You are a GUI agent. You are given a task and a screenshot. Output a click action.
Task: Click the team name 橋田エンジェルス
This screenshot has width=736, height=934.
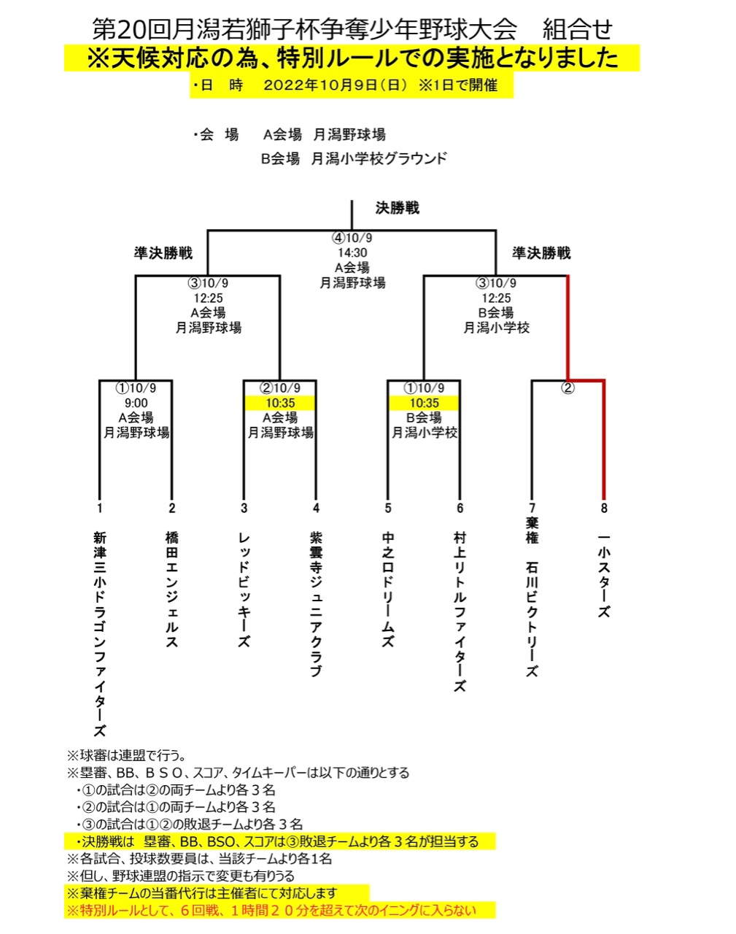point(172,590)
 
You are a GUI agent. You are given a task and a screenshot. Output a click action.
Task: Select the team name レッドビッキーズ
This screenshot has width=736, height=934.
point(244,590)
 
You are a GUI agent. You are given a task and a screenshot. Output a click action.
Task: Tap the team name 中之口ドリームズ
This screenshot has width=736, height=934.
point(388,590)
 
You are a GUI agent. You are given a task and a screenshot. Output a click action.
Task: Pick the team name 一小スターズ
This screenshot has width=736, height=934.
point(603,574)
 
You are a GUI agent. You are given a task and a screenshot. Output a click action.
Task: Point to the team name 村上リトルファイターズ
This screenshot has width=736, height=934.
point(460,611)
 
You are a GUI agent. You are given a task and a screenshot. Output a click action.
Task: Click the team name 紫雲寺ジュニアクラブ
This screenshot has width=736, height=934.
point(316,604)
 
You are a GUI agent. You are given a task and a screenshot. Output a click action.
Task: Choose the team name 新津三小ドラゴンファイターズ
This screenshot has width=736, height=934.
point(100,633)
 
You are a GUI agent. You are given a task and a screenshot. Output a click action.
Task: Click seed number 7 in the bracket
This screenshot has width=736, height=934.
point(532,508)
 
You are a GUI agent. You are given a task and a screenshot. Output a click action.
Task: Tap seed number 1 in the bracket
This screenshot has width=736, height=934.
point(100,508)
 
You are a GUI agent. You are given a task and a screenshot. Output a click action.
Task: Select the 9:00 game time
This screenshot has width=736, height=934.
point(136,403)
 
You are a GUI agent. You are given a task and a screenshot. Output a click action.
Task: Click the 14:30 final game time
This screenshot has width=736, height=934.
point(352,252)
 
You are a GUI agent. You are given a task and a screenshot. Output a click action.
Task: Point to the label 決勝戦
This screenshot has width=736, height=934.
point(398,208)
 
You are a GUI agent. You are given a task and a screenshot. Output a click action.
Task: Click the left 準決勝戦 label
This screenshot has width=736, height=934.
point(163,253)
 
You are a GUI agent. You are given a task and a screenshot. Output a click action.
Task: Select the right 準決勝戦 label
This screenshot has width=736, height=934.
point(541,253)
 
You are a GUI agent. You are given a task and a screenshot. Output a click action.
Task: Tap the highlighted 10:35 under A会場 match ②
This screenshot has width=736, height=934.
point(280,403)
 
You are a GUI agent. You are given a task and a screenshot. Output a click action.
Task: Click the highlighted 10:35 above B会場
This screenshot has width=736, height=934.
point(424,403)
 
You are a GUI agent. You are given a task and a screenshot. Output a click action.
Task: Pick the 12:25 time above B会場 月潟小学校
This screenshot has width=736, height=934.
point(496,298)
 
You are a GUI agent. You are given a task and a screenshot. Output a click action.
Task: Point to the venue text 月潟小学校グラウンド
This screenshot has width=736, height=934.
point(379,158)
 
